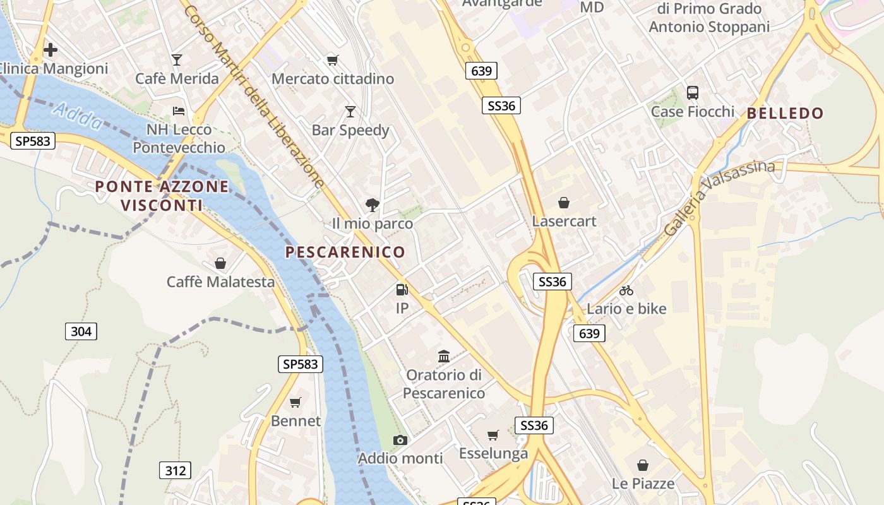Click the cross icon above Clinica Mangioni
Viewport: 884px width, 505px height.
click(x=51, y=49)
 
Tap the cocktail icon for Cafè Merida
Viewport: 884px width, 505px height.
click(x=177, y=60)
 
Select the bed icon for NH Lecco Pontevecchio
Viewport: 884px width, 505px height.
click(x=179, y=111)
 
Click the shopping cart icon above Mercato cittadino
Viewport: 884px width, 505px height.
click(x=332, y=60)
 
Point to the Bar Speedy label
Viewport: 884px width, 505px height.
click(x=350, y=130)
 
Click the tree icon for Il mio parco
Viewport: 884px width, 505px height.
click(x=373, y=204)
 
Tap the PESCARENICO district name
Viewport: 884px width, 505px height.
click(x=345, y=252)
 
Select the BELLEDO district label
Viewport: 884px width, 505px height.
click(x=785, y=114)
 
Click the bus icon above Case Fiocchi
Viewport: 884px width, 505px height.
click(x=693, y=93)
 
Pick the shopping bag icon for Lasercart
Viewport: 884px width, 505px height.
click(x=564, y=203)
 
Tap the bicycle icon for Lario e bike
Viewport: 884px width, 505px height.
click(x=626, y=290)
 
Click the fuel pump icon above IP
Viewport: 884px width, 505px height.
click(x=402, y=290)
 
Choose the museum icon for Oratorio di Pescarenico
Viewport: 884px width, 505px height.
click(x=444, y=357)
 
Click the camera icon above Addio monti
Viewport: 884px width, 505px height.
click(x=400, y=440)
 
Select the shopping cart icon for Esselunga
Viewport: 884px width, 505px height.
click(x=493, y=435)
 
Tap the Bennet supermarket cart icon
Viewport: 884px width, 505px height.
click(x=296, y=402)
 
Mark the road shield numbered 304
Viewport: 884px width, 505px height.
click(x=81, y=331)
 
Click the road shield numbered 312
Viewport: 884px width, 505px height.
click(x=174, y=470)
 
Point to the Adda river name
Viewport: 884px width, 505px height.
click(x=78, y=117)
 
